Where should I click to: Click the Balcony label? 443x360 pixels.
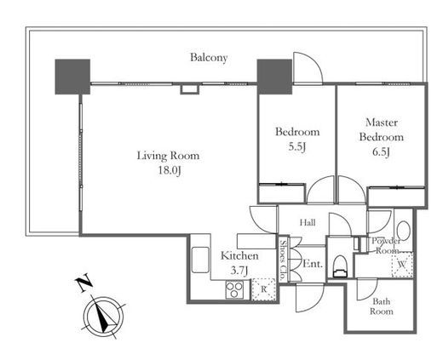[209, 58]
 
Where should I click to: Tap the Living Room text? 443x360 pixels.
[168, 156]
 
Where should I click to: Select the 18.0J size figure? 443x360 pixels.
[170, 170]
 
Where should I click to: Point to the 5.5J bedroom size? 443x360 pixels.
[296, 146]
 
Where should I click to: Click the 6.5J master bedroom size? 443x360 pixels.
[381, 151]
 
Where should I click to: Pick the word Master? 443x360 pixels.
[382, 123]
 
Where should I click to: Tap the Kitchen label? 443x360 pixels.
[239, 256]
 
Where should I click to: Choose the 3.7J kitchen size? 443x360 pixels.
[239, 271]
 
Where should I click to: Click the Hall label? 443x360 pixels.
[308, 223]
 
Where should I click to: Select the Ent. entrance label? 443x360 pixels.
[313, 264]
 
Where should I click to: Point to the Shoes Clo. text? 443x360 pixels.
[283, 260]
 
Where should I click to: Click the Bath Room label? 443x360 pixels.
[382, 306]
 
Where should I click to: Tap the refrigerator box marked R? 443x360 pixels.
[264, 289]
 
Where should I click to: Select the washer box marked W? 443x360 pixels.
[402, 265]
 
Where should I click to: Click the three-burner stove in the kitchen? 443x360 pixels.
[234, 289]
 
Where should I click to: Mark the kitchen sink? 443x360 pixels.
[200, 260]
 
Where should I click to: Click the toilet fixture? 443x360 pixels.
[340, 266]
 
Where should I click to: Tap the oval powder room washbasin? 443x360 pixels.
[403, 231]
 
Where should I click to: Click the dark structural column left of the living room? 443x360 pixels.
[72, 77]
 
